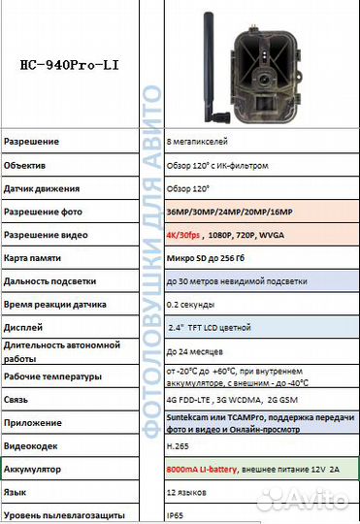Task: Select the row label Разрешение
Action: coord(31,142)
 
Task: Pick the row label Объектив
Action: coord(26,165)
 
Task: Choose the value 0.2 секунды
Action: coord(191,304)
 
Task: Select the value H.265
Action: coord(179,445)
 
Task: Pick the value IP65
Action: coord(176,514)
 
